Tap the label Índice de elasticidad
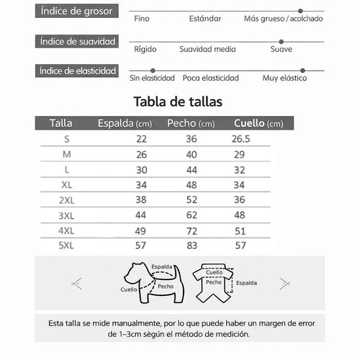(x=78, y=71)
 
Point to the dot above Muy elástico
(x=302, y=71)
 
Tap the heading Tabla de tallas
(x=178, y=102)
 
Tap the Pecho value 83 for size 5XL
(x=192, y=246)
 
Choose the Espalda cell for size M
(x=141, y=154)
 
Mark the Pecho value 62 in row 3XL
(x=192, y=215)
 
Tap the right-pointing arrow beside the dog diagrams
(x=284, y=283)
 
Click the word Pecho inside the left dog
(x=165, y=287)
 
